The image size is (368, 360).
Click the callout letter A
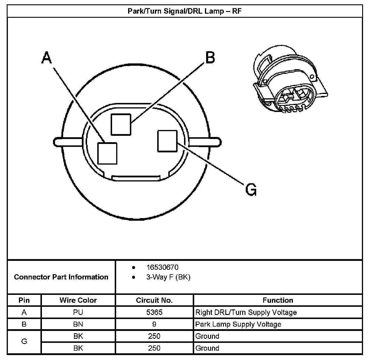[x=47, y=58]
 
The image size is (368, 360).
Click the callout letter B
[x=210, y=58]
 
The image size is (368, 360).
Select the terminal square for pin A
[x=107, y=153]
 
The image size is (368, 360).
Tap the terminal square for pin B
[x=121, y=124]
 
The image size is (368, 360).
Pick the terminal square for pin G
[x=167, y=141]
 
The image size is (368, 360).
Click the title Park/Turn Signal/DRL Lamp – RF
[x=185, y=11]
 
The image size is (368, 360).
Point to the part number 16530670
[x=162, y=267]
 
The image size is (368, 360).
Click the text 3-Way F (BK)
[x=168, y=277]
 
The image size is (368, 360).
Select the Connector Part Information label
[x=61, y=277]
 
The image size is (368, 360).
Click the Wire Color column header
[x=78, y=300]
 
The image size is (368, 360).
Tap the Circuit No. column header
[x=154, y=300]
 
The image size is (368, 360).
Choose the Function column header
[x=278, y=300]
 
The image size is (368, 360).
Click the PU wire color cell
[x=78, y=312]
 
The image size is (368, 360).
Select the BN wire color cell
[x=78, y=324]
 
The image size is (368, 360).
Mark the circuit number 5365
[x=154, y=312]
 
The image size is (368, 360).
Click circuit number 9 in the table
[x=154, y=324]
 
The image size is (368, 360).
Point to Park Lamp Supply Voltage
[x=238, y=324]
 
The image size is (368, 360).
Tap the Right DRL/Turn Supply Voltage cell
[x=246, y=312]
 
